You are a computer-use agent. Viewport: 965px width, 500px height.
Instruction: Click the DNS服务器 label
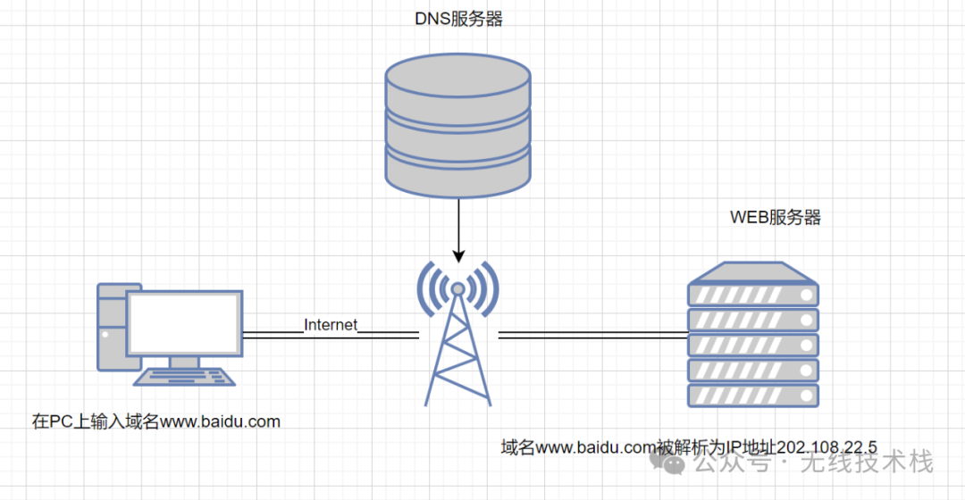458,19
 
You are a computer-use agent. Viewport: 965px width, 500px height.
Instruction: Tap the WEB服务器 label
775,217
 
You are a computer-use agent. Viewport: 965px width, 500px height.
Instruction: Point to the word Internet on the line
331,325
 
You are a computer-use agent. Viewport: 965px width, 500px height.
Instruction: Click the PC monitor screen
184,322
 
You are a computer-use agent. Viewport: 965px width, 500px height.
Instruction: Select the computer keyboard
186,377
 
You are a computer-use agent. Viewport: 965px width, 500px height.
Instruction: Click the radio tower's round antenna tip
457,288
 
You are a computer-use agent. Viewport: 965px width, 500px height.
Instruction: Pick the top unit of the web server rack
752,292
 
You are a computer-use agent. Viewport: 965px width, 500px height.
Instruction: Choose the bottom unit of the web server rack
752,395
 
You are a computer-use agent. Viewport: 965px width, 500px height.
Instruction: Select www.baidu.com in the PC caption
220,421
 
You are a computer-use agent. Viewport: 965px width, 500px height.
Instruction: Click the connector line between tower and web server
592,335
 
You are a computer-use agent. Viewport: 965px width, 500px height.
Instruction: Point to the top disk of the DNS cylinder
457,75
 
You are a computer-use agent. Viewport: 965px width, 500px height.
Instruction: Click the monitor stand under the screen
184,362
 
